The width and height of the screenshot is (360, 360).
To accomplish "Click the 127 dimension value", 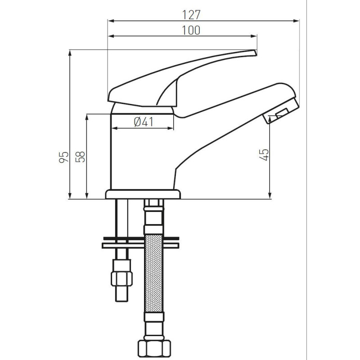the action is click(x=191, y=15).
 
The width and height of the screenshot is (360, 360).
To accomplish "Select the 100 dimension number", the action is click(x=191, y=30).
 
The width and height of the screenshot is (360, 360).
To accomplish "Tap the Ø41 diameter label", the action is click(x=144, y=121).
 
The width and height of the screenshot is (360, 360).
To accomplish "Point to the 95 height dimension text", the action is click(x=63, y=157).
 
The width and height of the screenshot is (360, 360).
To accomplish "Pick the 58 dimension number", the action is click(x=81, y=157).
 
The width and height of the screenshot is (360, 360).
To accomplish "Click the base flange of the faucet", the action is click(x=143, y=194).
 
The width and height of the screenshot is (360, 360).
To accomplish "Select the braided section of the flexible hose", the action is click(x=154, y=273).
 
